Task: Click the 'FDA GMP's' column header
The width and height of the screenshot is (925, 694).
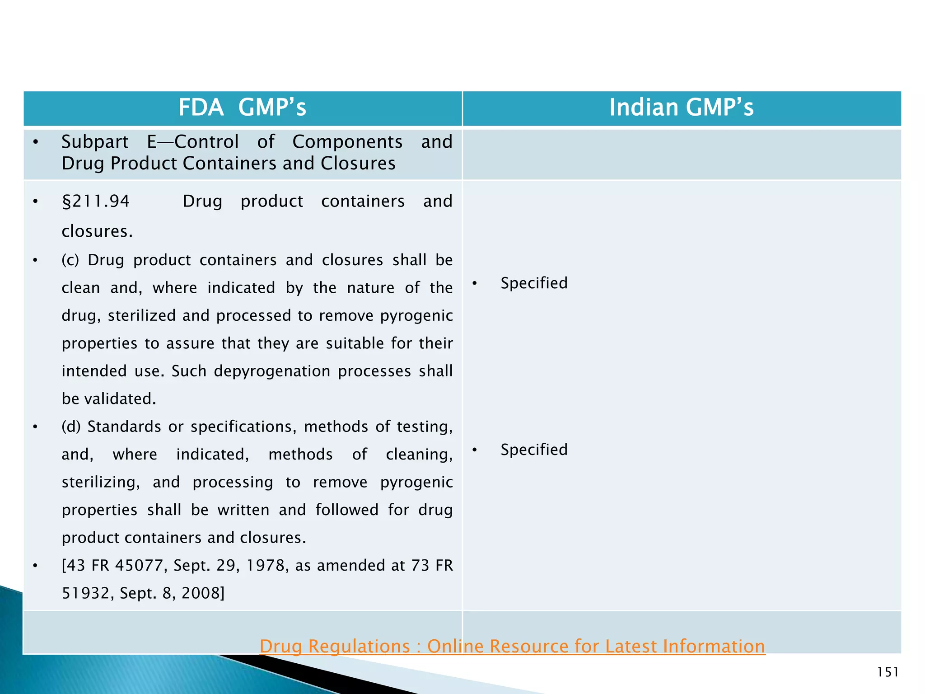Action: click(x=242, y=108)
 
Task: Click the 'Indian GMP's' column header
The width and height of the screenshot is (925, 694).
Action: click(x=681, y=108)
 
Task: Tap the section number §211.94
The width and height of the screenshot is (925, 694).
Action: click(x=96, y=202)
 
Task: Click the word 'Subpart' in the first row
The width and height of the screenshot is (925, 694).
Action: click(x=95, y=142)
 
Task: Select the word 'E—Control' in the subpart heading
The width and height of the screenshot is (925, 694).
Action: click(x=193, y=142)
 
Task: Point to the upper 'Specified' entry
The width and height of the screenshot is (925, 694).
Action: click(x=534, y=283)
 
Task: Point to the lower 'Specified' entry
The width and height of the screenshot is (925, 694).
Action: click(x=534, y=450)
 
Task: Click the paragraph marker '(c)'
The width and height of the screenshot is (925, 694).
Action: click(x=70, y=261)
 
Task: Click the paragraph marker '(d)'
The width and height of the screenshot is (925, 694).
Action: click(x=70, y=427)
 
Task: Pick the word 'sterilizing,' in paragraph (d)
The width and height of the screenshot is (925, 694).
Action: click(x=101, y=483)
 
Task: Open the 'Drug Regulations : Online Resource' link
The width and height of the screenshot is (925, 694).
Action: click(x=512, y=647)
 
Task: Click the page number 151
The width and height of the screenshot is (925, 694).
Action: click(x=888, y=673)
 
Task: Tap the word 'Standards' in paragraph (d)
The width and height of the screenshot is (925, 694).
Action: click(x=124, y=427)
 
